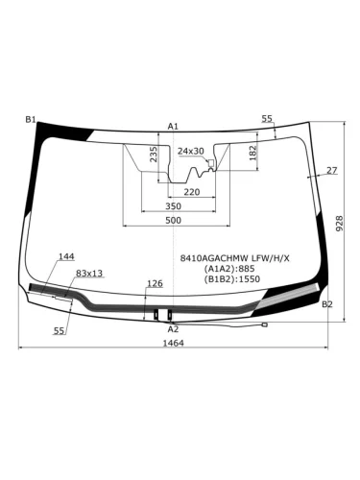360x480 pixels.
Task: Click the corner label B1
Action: [x=31, y=119]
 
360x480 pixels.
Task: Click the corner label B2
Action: [x=327, y=304]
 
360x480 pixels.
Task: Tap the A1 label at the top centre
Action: [x=173, y=127]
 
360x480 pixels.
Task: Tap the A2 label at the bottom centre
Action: [x=173, y=328]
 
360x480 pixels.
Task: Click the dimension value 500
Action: [x=173, y=221]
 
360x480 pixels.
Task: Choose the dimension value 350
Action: [x=173, y=206]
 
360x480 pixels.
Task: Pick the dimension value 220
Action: [x=192, y=192]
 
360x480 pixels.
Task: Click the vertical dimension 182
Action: [x=252, y=151]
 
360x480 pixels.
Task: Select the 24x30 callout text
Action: [x=191, y=151]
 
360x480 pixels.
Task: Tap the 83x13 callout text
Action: [x=89, y=274]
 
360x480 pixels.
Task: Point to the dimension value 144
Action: [x=66, y=256]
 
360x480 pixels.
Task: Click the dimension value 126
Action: [x=155, y=283]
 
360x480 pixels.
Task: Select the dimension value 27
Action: [x=332, y=170]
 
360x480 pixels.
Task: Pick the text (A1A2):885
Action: [x=230, y=269]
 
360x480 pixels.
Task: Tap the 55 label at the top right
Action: [x=267, y=118]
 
